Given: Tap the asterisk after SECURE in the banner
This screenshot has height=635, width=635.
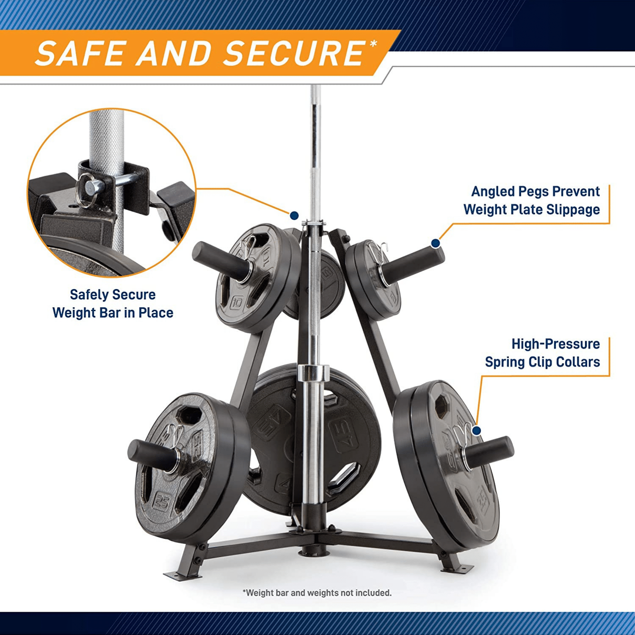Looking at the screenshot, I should click(x=373, y=44).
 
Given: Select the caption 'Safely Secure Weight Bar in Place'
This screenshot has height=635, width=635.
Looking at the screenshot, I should click(x=113, y=304).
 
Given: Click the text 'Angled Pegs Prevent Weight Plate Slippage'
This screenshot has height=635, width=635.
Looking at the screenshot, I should click(x=532, y=200).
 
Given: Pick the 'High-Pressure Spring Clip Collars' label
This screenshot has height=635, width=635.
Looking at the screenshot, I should click(x=542, y=353).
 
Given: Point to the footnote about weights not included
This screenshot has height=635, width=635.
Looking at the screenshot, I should click(x=317, y=593).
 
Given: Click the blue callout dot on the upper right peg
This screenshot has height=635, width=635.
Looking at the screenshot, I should click(x=435, y=243).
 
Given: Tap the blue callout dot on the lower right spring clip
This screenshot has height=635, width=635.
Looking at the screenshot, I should click(x=476, y=431).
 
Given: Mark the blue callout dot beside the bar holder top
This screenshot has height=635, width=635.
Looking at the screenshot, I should click(x=294, y=215).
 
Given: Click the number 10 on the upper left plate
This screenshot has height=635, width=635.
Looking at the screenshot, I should click(x=237, y=302).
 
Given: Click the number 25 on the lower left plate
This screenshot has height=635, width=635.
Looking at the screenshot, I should click(x=162, y=501).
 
